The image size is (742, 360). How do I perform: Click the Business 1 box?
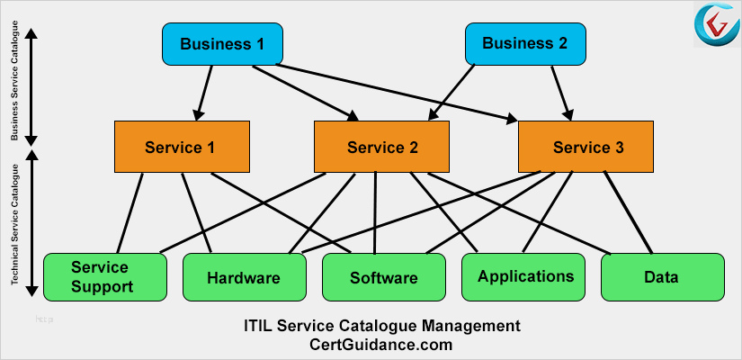[222, 44]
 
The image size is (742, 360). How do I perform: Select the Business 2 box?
[525, 44]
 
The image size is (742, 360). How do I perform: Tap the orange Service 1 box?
[181, 147]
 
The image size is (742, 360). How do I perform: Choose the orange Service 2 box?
[382, 147]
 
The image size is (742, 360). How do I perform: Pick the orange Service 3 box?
[587, 147]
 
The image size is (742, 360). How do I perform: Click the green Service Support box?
[105, 277]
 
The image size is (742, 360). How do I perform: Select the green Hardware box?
[244, 277]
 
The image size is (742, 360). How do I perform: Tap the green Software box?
[384, 277]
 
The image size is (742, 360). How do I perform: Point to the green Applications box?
[525, 276]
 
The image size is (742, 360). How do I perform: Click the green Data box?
[661, 276]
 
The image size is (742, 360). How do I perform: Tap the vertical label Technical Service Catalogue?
[14, 224]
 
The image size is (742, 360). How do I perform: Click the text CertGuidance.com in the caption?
[380, 344]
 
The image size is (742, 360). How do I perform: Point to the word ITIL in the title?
[260, 325]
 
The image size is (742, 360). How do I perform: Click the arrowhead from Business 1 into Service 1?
[197, 114]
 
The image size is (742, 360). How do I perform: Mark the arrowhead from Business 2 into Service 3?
[568, 114]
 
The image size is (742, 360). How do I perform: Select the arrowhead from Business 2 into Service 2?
[431, 114]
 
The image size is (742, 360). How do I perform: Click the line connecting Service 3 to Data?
[628, 212]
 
